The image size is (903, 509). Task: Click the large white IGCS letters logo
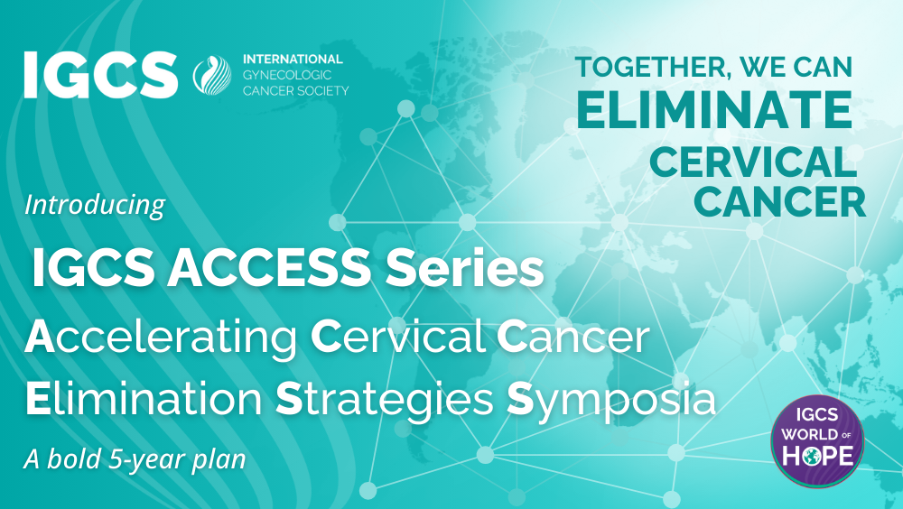(x=100, y=75)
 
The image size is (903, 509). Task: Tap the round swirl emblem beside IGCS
(x=212, y=75)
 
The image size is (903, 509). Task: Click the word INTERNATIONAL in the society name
(x=293, y=60)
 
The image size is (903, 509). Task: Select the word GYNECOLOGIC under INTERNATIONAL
(x=287, y=75)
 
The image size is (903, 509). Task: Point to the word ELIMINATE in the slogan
(x=714, y=109)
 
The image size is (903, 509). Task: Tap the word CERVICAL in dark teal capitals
(x=753, y=162)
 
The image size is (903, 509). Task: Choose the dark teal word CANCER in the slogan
(x=780, y=201)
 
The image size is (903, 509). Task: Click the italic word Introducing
(x=95, y=205)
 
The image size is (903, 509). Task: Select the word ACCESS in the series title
(x=268, y=268)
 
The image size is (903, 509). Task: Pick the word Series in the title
(x=465, y=268)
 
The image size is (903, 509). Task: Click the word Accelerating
(x=161, y=338)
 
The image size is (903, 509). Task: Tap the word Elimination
(x=144, y=399)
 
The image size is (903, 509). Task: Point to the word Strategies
(x=384, y=400)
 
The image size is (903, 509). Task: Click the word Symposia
(x=611, y=400)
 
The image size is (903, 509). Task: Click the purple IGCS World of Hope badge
(x=817, y=441)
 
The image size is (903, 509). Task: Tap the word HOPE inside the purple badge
(x=817, y=456)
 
